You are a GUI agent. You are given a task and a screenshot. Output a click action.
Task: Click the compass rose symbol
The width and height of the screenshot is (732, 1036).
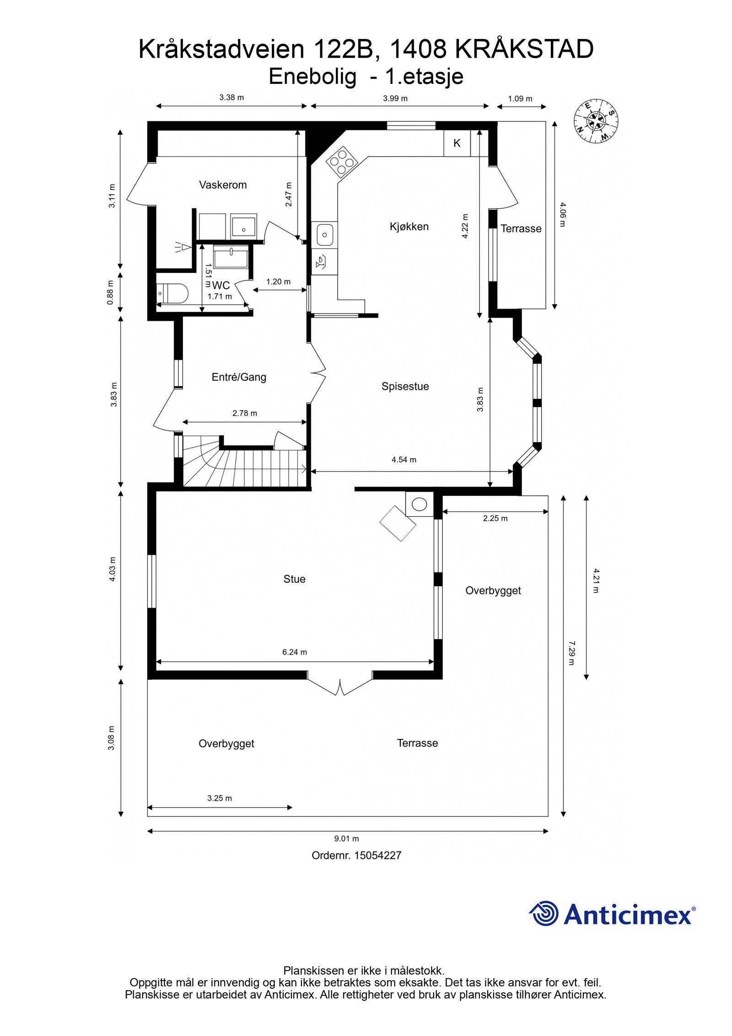click(x=596, y=121)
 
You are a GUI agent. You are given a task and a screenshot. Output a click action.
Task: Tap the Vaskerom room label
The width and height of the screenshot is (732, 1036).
click(x=222, y=185)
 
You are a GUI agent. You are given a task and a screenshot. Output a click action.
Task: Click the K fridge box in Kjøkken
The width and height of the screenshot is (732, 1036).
click(x=457, y=143)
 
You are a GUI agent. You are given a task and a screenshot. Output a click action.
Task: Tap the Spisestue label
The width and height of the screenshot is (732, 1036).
click(x=405, y=386)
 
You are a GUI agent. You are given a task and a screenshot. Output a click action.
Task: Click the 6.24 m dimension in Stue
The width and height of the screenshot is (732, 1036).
click(x=294, y=652)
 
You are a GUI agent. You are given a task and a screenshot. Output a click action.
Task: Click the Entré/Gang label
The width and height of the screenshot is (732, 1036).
click(x=239, y=377)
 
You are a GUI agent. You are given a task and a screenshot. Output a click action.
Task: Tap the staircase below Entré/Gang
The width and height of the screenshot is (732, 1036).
click(x=247, y=467)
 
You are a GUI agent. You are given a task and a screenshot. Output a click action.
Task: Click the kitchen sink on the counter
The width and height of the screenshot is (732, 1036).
click(x=325, y=235)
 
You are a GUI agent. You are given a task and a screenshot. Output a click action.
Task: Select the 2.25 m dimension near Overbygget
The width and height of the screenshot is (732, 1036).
click(x=495, y=518)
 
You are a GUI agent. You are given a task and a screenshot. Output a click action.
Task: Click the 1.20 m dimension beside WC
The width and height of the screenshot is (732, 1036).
click(x=278, y=282)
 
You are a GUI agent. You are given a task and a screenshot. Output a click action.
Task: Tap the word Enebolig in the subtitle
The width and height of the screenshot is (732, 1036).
click(x=312, y=77)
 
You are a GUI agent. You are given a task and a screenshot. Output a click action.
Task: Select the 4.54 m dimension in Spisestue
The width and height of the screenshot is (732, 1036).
click(x=404, y=460)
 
